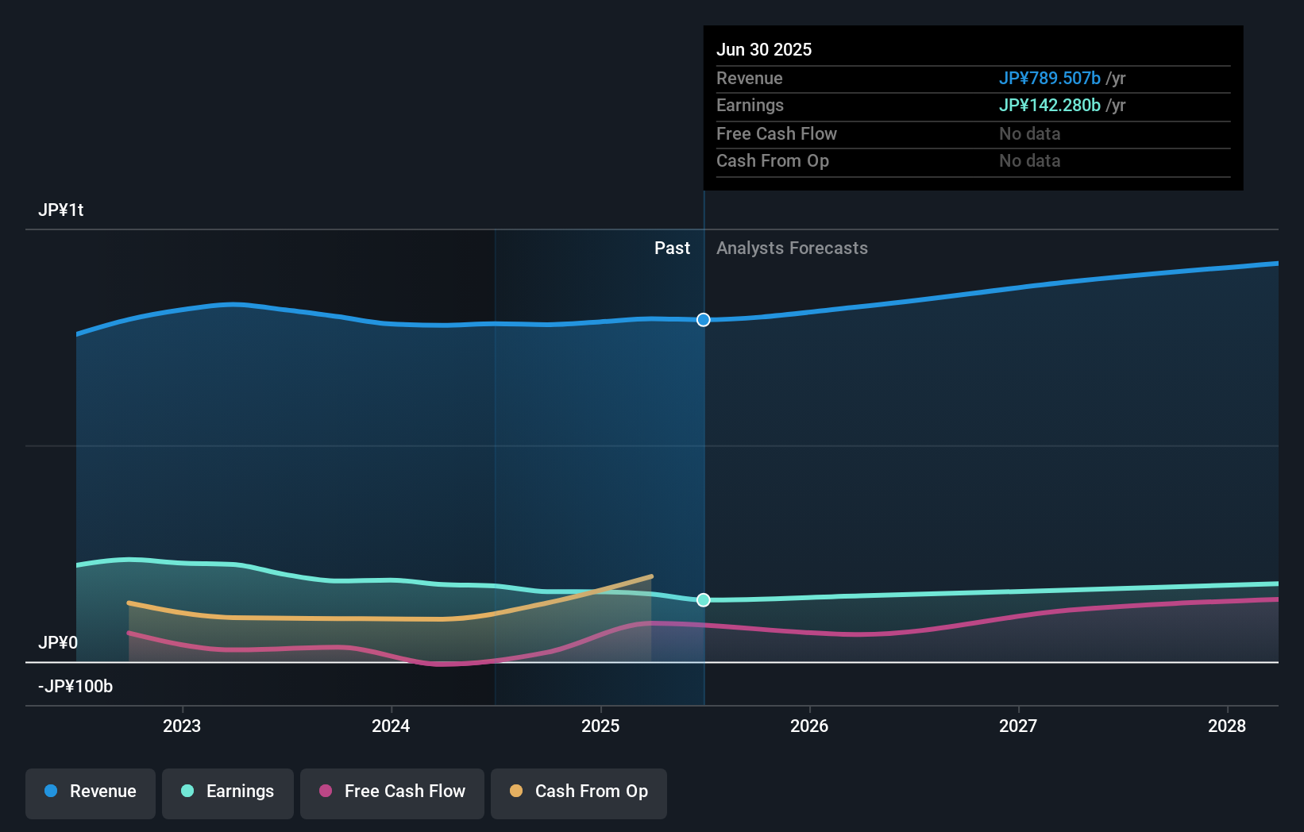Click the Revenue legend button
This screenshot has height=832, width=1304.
click(x=91, y=792)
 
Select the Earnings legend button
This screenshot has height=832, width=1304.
click(x=228, y=792)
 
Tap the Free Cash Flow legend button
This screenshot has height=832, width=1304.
click(x=392, y=792)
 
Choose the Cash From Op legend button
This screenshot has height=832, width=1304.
click(x=579, y=792)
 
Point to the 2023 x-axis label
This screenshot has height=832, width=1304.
click(x=182, y=726)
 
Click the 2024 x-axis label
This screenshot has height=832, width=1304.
click(x=391, y=726)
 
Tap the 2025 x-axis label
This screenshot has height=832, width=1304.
click(x=600, y=726)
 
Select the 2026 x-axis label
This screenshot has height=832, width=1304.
click(x=809, y=726)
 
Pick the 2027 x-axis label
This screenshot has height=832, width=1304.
click(x=1018, y=726)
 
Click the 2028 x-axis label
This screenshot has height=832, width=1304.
click(x=1227, y=726)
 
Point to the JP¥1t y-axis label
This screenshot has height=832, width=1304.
click(x=61, y=210)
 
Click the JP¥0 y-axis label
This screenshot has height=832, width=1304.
click(x=58, y=642)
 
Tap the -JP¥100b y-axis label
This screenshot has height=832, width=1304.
click(x=75, y=686)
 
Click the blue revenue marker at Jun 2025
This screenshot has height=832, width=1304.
click(x=704, y=320)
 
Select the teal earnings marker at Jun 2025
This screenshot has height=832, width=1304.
click(x=704, y=600)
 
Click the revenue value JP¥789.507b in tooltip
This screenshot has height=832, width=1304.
click(x=1049, y=79)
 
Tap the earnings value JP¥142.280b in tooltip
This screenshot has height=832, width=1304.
click(x=1049, y=106)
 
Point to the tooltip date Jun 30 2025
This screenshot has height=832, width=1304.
click(x=764, y=50)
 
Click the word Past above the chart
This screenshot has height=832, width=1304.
click(x=672, y=248)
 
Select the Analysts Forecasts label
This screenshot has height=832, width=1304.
click(x=792, y=248)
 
